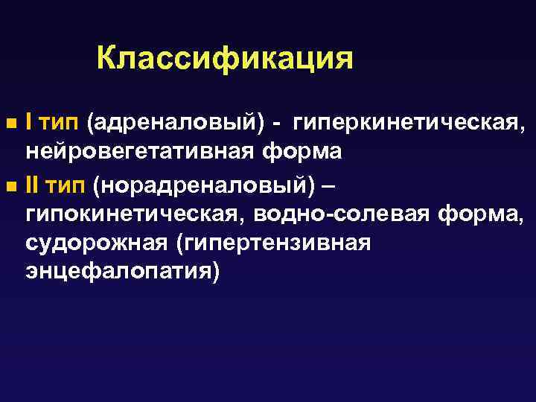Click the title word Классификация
[x=225, y=58]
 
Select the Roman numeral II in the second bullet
[x=33, y=182]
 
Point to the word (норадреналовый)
[x=209, y=183]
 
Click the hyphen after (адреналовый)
[x=276, y=121]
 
